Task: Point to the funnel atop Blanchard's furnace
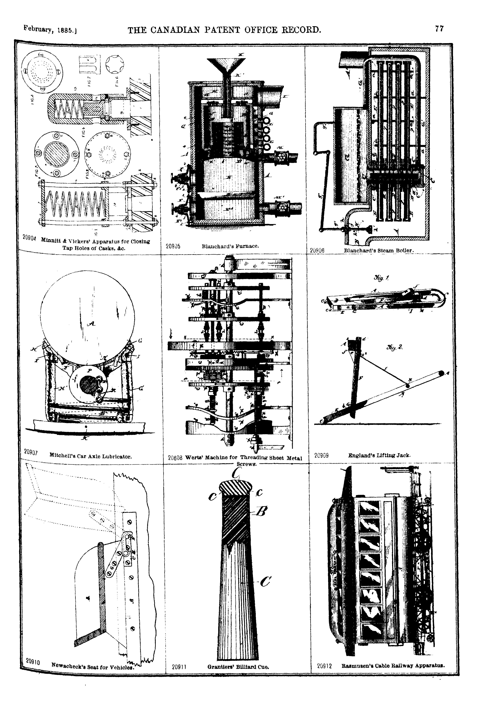[x=226, y=65]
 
